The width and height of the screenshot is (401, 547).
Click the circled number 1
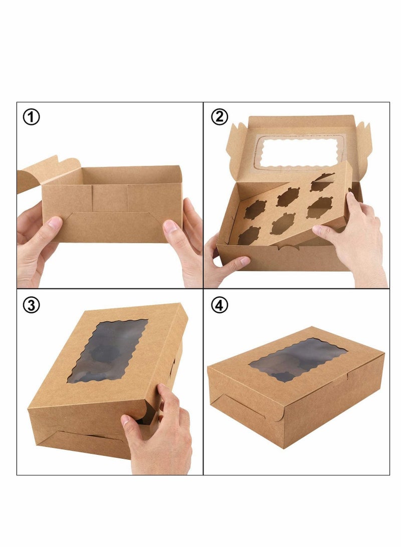pyautogui.click(x=32, y=118)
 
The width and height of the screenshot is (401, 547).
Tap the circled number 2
pyautogui.click(x=219, y=117)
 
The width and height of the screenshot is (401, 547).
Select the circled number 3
pyautogui.click(x=32, y=305)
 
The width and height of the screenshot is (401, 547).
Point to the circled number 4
pyautogui.click(x=219, y=305)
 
